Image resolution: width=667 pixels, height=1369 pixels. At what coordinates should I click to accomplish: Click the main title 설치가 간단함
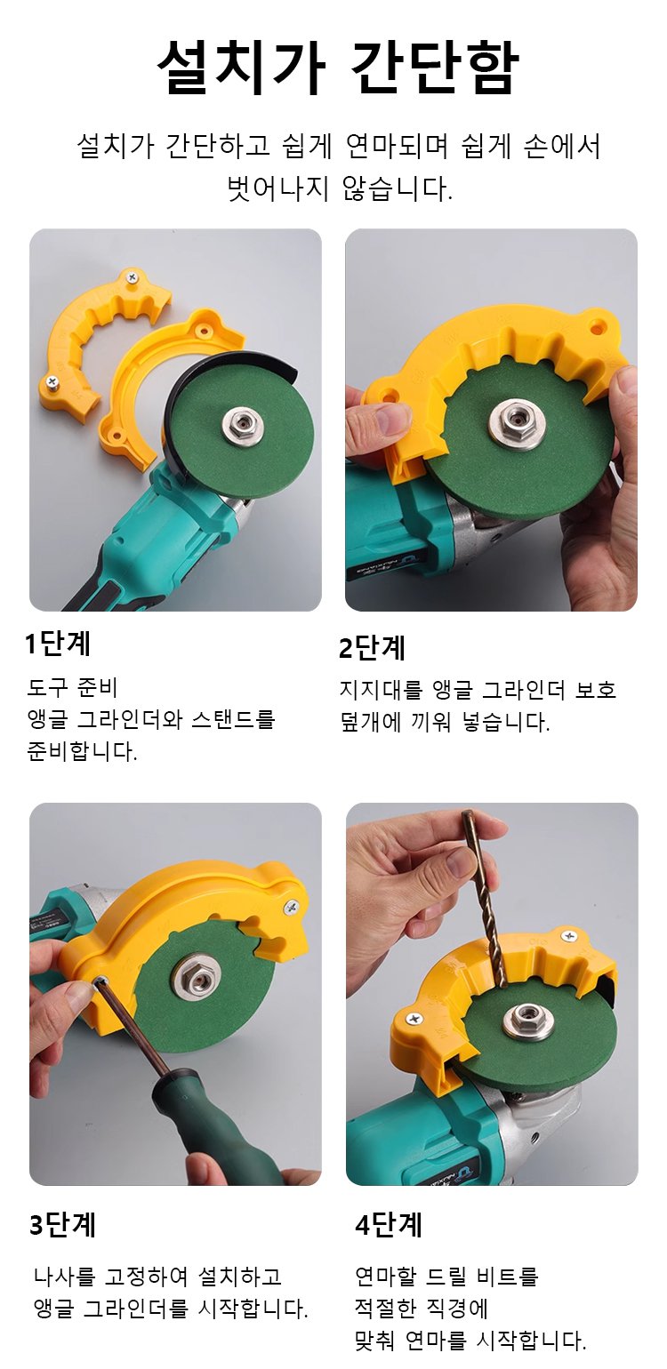pyautogui.click(x=337, y=68)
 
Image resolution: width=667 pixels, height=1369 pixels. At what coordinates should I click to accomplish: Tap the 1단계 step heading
pyautogui.click(x=58, y=644)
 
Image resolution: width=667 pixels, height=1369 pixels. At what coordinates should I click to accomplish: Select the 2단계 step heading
pyautogui.click(x=372, y=648)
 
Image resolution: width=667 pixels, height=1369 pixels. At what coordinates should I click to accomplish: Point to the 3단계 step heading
pyautogui.click(x=62, y=1225)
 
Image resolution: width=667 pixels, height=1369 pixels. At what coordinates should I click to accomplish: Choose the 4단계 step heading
pyautogui.click(x=389, y=1224)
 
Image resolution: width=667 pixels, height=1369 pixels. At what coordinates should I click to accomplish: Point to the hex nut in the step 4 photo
pyautogui.click(x=526, y=1017)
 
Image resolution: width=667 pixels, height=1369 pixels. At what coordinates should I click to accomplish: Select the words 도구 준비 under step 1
pyautogui.click(x=72, y=687)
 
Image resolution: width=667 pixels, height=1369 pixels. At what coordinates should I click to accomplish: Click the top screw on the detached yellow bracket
pyautogui.click(x=132, y=278)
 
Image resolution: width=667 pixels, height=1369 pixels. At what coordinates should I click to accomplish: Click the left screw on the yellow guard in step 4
pyautogui.click(x=414, y=1019)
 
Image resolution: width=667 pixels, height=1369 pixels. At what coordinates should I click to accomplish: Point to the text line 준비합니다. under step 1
pyautogui.click(x=82, y=750)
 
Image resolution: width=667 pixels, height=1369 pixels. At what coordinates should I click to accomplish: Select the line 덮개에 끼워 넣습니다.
pyautogui.click(x=445, y=723)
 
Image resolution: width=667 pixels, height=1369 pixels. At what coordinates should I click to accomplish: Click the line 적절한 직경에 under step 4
pyautogui.click(x=422, y=1309)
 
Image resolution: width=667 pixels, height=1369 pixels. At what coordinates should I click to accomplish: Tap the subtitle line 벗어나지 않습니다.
pyautogui.click(x=340, y=188)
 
